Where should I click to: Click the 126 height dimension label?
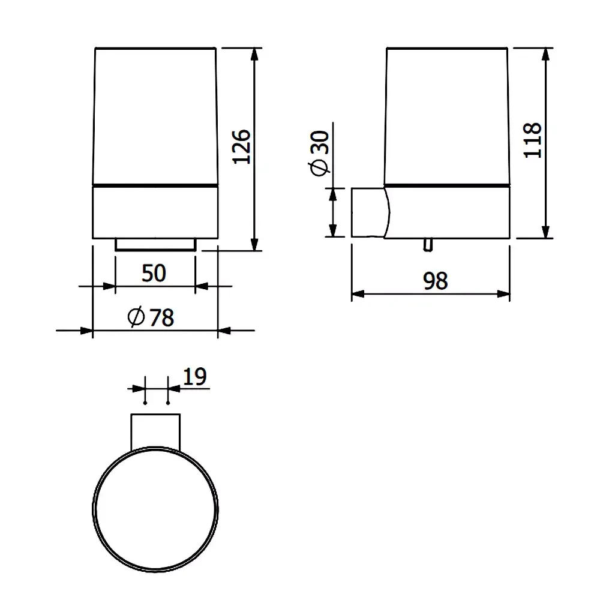coord(242,147)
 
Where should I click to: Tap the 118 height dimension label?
coord(532,140)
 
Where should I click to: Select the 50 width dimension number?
coord(154,273)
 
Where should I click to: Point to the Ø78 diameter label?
coord(151,317)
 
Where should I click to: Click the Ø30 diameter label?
coord(319,153)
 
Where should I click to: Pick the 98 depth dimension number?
coord(436,281)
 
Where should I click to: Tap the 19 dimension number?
coord(195,377)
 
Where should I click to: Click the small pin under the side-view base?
coord(428,245)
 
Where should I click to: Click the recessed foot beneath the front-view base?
coord(155,245)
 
